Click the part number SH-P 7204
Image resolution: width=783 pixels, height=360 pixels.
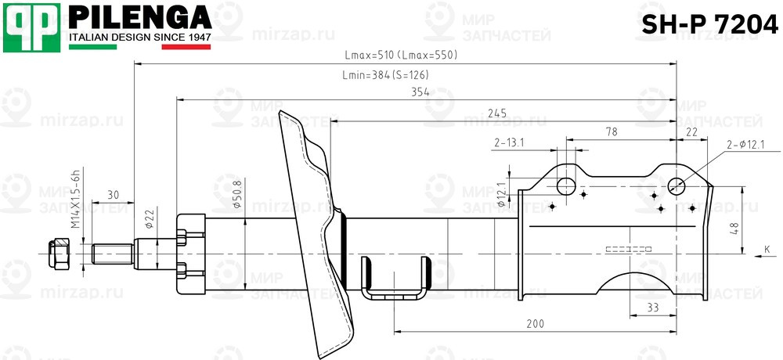point(709,24)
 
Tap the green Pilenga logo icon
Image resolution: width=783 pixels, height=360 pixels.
point(32,28)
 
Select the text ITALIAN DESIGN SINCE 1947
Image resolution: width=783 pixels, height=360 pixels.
point(140,38)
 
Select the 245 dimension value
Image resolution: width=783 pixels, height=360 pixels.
point(496,113)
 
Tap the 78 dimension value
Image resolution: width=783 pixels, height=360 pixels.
point(610,132)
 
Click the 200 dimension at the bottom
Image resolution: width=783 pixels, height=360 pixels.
point(535,324)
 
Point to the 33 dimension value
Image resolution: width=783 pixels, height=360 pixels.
point(652,308)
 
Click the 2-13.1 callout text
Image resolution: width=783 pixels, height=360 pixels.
point(509,142)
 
